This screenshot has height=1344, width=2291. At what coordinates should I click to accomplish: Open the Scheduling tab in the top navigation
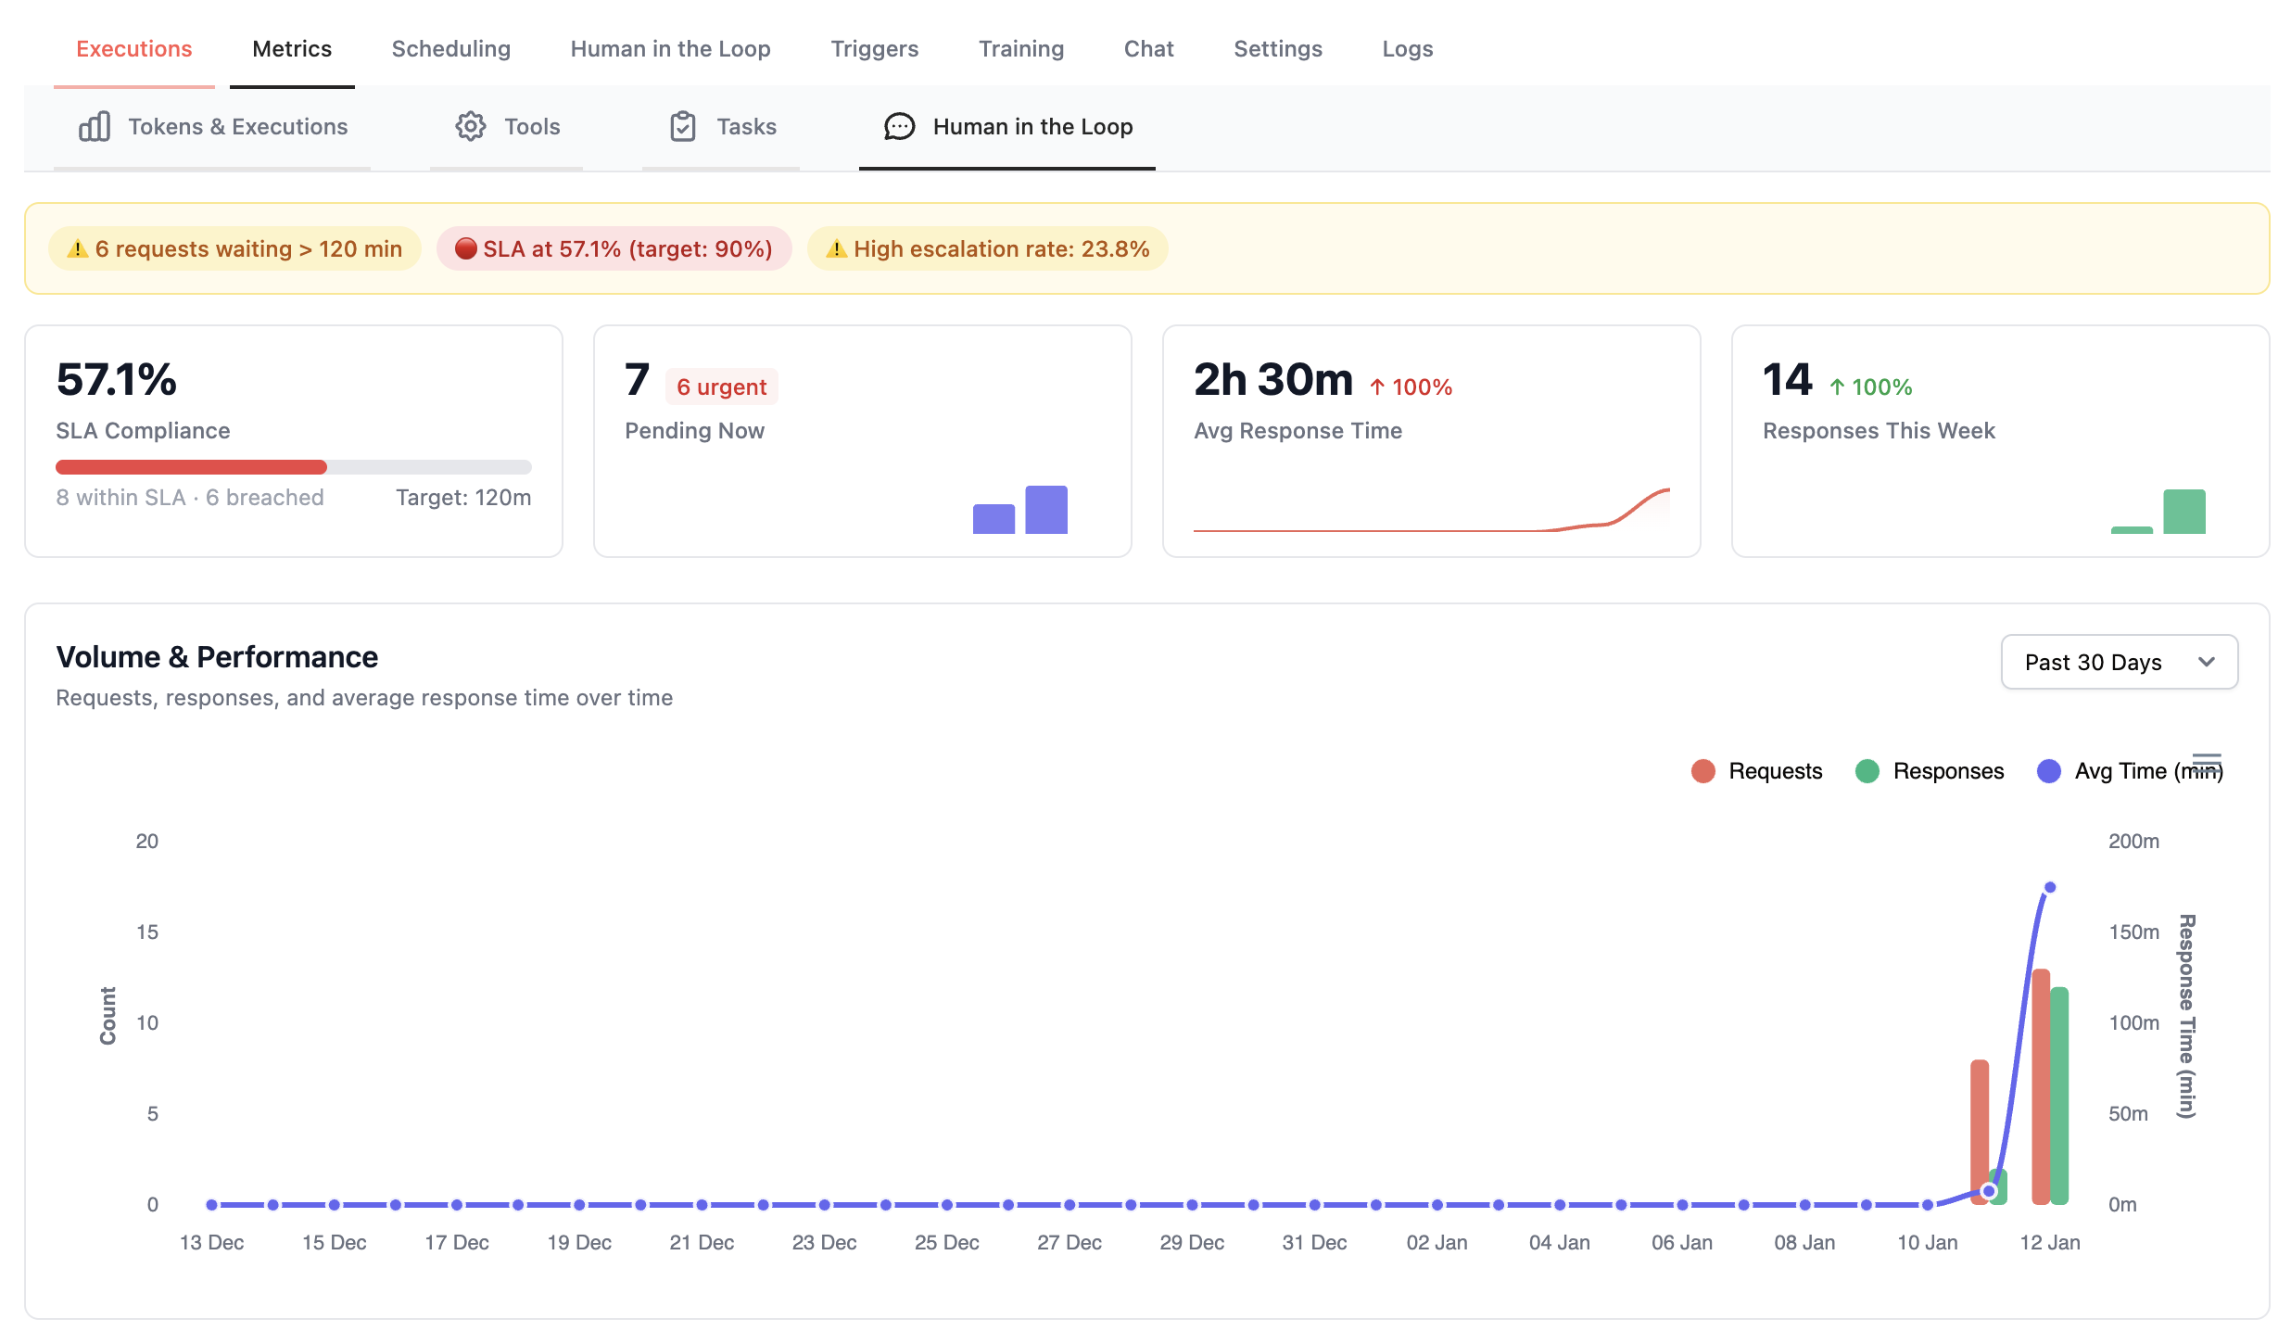point(450,49)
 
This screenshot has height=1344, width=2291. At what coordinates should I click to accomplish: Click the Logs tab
point(1407,49)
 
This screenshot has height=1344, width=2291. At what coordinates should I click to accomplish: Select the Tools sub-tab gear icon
point(470,126)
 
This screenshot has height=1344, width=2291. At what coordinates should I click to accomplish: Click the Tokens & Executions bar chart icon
point(95,126)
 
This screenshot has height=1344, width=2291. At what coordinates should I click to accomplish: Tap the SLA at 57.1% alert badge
point(614,248)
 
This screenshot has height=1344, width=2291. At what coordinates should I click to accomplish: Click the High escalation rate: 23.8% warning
point(987,248)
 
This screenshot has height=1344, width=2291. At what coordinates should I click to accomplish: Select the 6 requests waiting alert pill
point(234,248)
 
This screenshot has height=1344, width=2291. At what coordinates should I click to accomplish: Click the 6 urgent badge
point(721,387)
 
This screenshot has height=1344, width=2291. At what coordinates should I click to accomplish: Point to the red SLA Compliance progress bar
point(191,467)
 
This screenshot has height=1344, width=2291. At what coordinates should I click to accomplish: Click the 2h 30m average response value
point(1272,380)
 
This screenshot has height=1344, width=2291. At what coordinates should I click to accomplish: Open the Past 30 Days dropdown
point(2119,662)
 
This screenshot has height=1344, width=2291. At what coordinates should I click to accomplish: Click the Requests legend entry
point(1757,771)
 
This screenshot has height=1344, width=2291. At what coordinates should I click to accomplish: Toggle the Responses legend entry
point(1930,771)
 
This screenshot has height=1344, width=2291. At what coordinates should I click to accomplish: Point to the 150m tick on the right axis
point(2133,932)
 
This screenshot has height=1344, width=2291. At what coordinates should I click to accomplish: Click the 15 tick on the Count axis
point(147,932)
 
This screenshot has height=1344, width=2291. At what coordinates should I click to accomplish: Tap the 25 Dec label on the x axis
point(946,1242)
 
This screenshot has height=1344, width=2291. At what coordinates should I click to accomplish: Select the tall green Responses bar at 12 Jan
point(2059,1094)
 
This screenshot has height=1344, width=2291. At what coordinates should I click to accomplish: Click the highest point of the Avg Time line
point(2050,887)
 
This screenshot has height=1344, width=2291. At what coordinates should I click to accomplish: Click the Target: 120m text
point(463,498)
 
